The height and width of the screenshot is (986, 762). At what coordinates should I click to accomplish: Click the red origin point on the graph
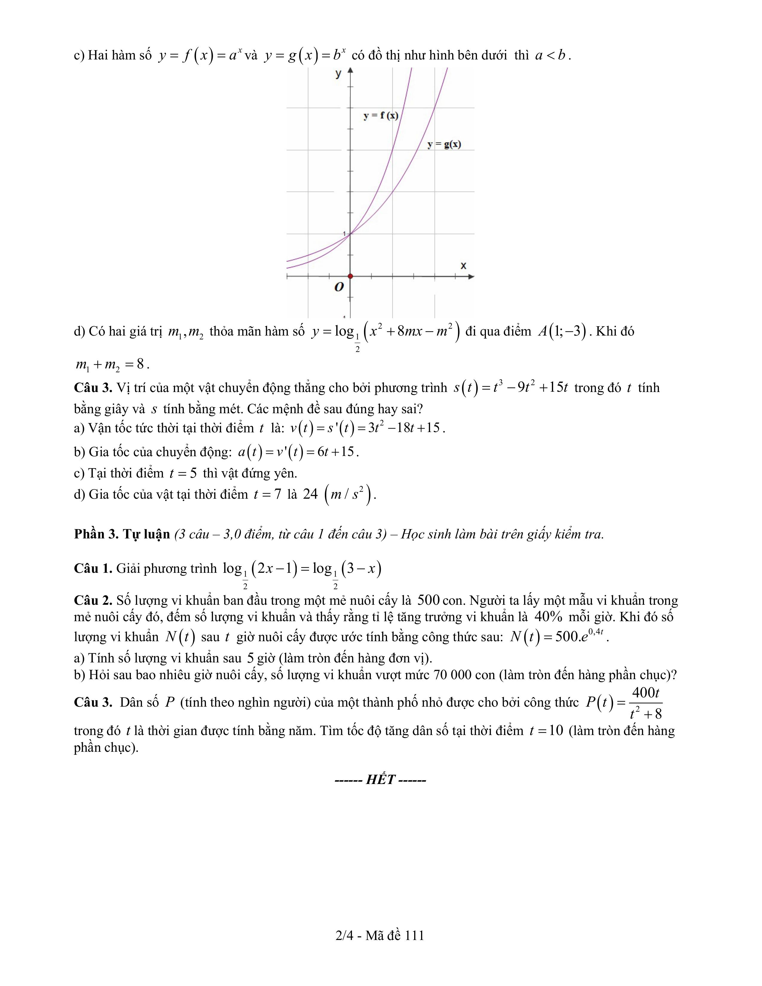pyautogui.click(x=350, y=276)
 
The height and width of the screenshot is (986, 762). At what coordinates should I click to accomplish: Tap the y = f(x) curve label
pyautogui.click(x=380, y=116)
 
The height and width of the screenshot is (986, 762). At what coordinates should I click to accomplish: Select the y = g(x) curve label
pyautogui.click(x=444, y=145)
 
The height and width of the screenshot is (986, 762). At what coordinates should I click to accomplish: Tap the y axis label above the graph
pyautogui.click(x=338, y=74)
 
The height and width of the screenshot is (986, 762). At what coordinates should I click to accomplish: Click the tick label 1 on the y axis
pyautogui.click(x=345, y=233)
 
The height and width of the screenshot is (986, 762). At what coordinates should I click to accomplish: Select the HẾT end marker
pyautogui.click(x=380, y=780)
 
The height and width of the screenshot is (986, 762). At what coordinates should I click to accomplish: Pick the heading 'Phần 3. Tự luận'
pyautogui.click(x=122, y=534)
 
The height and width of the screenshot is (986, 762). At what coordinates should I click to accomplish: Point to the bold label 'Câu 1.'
pyautogui.click(x=93, y=568)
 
